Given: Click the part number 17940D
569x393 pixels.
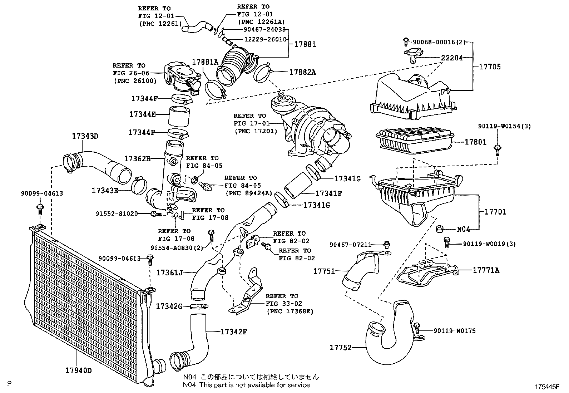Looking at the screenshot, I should tap(78, 370).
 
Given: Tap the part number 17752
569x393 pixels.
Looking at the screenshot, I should tap(340, 347).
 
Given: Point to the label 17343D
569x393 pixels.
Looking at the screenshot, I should tap(85, 136).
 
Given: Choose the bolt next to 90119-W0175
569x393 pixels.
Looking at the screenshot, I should tap(417, 328).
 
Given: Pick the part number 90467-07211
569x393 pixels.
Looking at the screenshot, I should tap(350, 245).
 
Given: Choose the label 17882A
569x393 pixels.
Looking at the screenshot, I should tap(302, 72).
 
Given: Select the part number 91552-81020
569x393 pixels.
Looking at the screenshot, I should tap(117, 213).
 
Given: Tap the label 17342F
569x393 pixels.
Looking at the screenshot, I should tap(233, 331).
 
